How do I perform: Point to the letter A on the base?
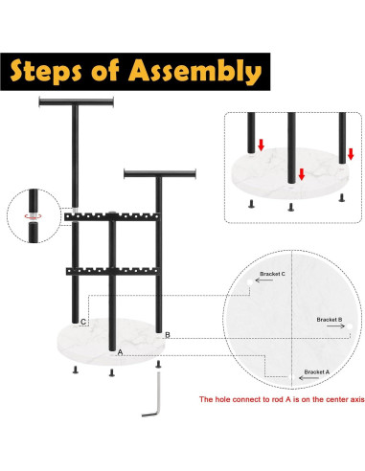120,352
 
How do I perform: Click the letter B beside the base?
168,335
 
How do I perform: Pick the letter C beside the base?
84,322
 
